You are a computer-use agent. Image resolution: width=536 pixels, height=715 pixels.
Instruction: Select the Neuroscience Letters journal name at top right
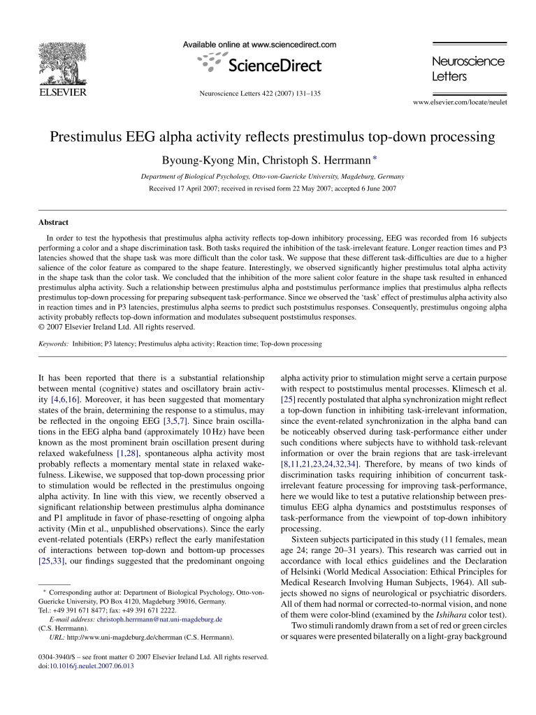tap(468, 68)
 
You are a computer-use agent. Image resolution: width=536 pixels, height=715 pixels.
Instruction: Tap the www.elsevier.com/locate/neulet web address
tap(460, 102)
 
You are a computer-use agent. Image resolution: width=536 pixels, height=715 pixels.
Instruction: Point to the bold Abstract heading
tap(53, 223)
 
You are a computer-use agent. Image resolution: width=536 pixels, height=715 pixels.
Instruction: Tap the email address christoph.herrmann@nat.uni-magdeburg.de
tap(160, 619)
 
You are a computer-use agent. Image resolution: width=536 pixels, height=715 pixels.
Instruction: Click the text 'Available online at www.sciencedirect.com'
tap(259, 45)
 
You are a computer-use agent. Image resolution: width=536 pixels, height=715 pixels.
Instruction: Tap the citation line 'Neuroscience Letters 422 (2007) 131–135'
tap(259, 94)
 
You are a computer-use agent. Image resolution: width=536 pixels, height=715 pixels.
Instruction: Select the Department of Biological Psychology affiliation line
tap(272, 177)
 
